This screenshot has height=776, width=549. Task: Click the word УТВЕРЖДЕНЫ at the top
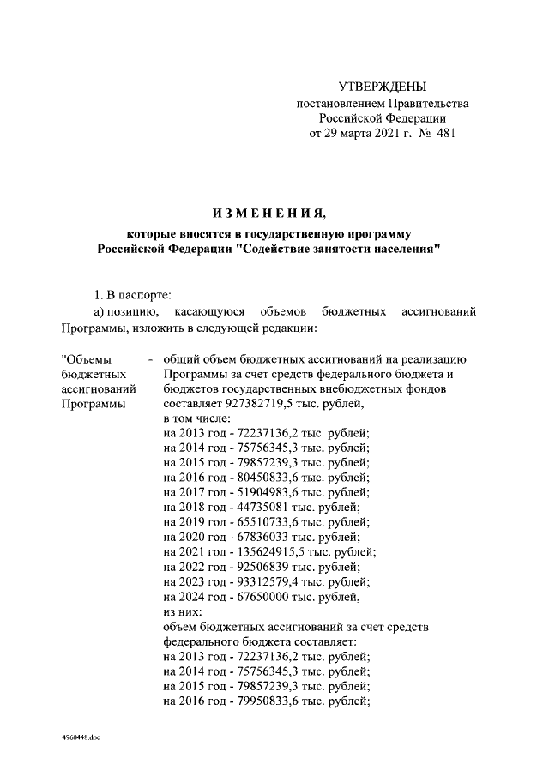[x=382, y=87]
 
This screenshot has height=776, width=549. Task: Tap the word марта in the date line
[x=353, y=134]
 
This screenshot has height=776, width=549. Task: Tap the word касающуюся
[x=210, y=310]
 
